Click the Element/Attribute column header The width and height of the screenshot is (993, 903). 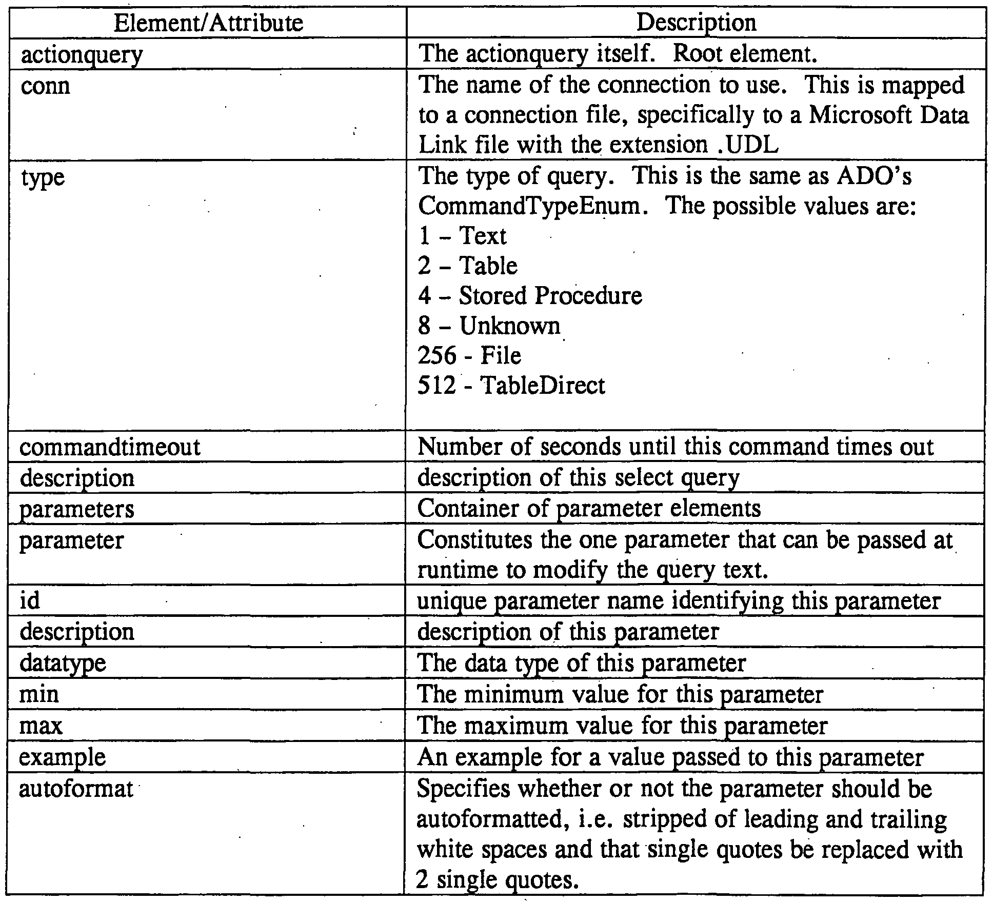click(x=208, y=23)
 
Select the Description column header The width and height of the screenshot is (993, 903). click(x=696, y=23)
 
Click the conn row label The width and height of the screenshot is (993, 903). click(x=45, y=86)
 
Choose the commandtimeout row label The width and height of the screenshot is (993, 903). click(x=109, y=447)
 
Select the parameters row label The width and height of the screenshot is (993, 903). click(x=76, y=509)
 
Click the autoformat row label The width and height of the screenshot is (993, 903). click(x=76, y=789)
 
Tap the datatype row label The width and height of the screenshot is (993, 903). click(x=63, y=663)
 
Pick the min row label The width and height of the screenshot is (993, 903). click(x=39, y=694)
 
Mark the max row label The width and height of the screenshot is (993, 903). click(x=41, y=726)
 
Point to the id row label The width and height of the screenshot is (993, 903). click(x=29, y=600)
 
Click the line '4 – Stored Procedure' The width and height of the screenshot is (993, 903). click(x=530, y=296)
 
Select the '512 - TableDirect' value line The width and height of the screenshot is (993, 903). click(x=511, y=385)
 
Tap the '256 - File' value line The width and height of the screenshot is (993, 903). click(x=469, y=355)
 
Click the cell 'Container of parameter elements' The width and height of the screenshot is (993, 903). click(x=589, y=509)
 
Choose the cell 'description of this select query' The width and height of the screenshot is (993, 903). click(x=578, y=478)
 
